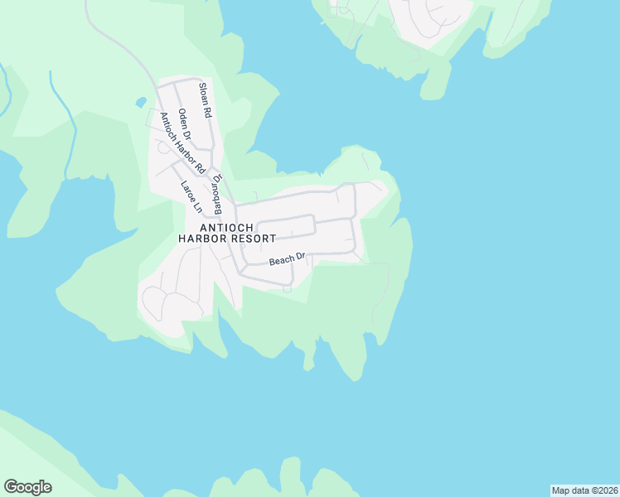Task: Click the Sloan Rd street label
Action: tap(206, 99)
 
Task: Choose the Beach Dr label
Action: tap(288, 260)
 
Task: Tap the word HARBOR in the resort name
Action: tap(201, 239)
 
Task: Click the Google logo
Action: tap(27, 487)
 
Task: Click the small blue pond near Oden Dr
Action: tap(142, 104)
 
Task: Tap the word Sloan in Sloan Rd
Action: tap(204, 93)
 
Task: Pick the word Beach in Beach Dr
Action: tap(282, 261)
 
